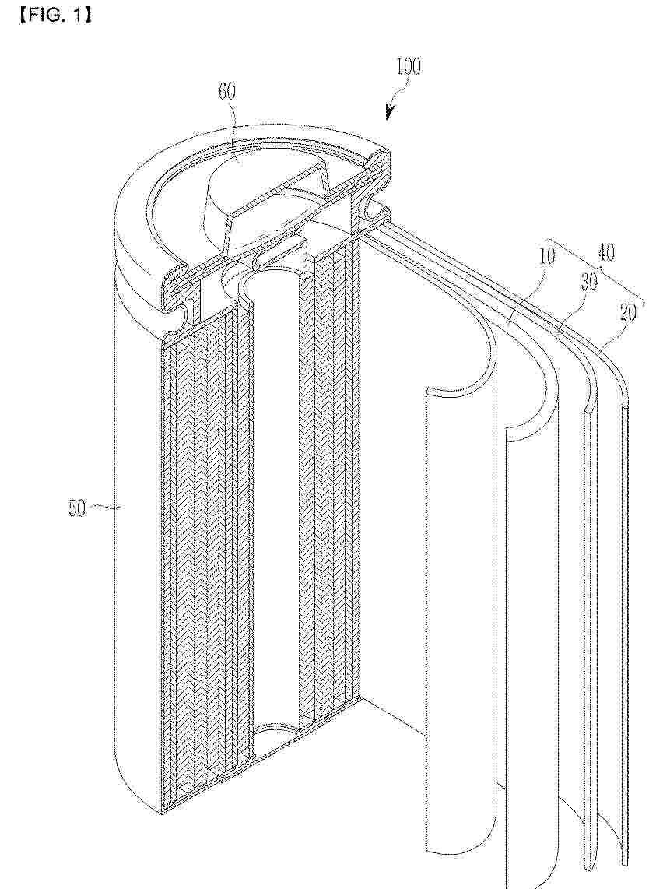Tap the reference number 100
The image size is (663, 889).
pyautogui.click(x=409, y=66)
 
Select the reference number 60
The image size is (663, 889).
pyautogui.click(x=226, y=91)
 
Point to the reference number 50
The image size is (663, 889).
pyautogui.click(x=78, y=508)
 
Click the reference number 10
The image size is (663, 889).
pyautogui.click(x=546, y=255)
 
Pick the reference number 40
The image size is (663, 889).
pyautogui.click(x=605, y=252)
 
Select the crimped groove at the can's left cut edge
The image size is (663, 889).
pyautogui.click(x=173, y=326)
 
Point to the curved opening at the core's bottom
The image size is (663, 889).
pyautogui.click(x=275, y=732)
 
